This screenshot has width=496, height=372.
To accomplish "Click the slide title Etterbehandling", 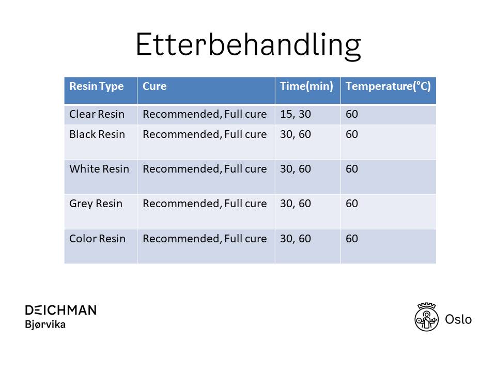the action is click(x=249, y=44).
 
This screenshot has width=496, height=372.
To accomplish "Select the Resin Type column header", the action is click(x=97, y=86).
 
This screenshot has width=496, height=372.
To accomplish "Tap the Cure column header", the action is click(x=154, y=86).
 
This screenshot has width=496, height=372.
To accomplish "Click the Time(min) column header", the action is click(x=306, y=86).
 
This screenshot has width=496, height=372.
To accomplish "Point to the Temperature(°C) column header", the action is click(x=388, y=86).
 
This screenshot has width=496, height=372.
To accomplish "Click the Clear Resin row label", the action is click(x=97, y=114).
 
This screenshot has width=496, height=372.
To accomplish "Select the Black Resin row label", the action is click(x=97, y=134).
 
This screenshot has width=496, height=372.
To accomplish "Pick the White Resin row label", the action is click(x=99, y=169).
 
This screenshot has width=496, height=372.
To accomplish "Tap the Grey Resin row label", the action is click(x=96, y=204).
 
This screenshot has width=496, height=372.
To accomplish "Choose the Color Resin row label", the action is click(x=98, y=239).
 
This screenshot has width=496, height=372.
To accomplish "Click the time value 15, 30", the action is click(x=296, y=114).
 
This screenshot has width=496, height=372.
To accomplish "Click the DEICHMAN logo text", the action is click(x=61, y=311).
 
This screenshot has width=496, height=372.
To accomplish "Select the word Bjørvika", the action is click(x=45, y=324).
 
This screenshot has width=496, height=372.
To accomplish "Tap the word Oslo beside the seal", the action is click(x=458, y=319).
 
